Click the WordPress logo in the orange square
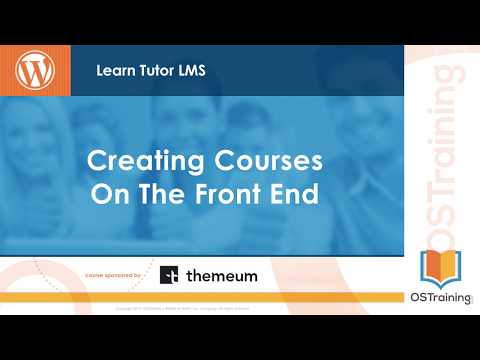(37, 71)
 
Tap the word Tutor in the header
(158, 72)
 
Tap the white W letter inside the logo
(37, 71)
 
